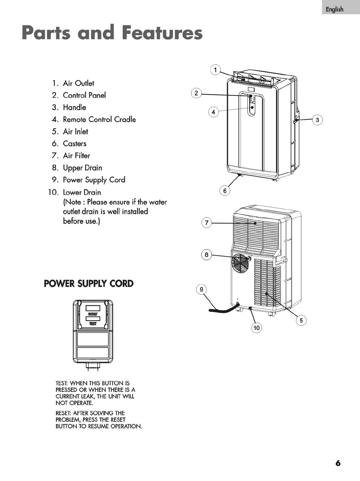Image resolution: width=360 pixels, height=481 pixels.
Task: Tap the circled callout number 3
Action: coord(318,120)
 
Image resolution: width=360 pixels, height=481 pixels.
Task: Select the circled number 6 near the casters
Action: coord(225,191)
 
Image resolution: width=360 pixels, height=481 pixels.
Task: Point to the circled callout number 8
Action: coord(206,255)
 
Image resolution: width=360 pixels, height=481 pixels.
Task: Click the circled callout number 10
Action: coord(256,328)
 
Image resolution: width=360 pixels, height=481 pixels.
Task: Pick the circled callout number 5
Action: coord(301,320)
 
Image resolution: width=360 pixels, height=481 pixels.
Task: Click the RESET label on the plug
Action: coord(93,314)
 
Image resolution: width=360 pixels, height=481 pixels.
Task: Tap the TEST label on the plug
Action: coord(93,324)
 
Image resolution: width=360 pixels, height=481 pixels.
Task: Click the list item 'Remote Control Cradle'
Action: coord(99,119)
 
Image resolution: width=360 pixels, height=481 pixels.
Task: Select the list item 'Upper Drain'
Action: coord(82,168)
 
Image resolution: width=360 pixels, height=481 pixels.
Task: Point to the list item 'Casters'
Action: coord(75,143)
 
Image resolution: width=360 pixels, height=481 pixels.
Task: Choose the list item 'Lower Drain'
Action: coord(82,192)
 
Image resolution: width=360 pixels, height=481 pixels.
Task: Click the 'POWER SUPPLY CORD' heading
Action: coord(89,284)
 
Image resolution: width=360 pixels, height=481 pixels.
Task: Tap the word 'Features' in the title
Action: coord(162,33)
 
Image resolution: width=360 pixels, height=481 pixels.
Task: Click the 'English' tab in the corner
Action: coord(335,9)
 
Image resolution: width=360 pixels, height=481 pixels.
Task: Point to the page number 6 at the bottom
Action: coord(338,463)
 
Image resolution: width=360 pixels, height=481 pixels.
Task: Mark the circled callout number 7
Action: coord(207,223)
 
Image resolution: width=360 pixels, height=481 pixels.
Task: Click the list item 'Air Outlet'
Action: coord(78,83)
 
